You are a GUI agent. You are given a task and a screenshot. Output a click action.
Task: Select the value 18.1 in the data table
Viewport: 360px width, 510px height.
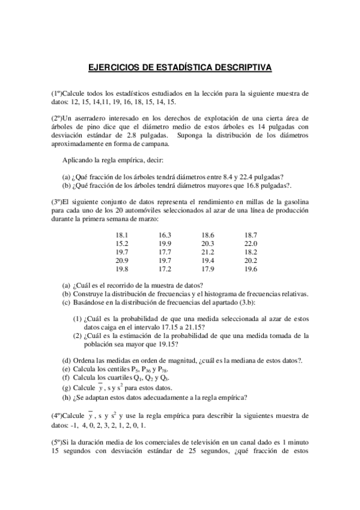pyautogui.click(x=122, y=235)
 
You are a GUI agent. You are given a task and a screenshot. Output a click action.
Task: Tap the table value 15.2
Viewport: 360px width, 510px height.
pyautogui.click(x=122, y=243)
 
